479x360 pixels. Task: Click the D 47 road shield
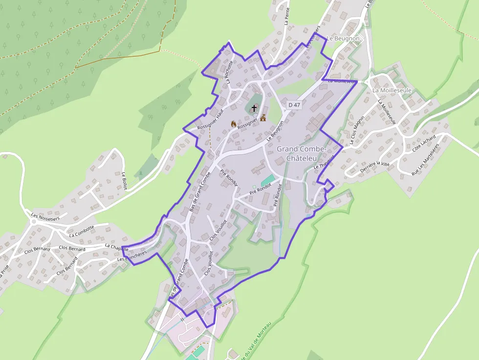coord(293,105)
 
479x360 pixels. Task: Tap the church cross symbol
coord(254,108)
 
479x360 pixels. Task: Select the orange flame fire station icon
coord(233,124)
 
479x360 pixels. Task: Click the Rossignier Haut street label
coord(210,120)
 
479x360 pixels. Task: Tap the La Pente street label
coord(287,16)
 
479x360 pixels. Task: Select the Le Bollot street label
coord(124,181)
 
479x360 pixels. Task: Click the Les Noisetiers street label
coord(45,216)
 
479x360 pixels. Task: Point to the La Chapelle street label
coord(116,248)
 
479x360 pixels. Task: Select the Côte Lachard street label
coord(424,145)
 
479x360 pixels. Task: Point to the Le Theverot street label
coord(324,163)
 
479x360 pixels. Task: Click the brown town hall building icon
coord(263,118)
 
